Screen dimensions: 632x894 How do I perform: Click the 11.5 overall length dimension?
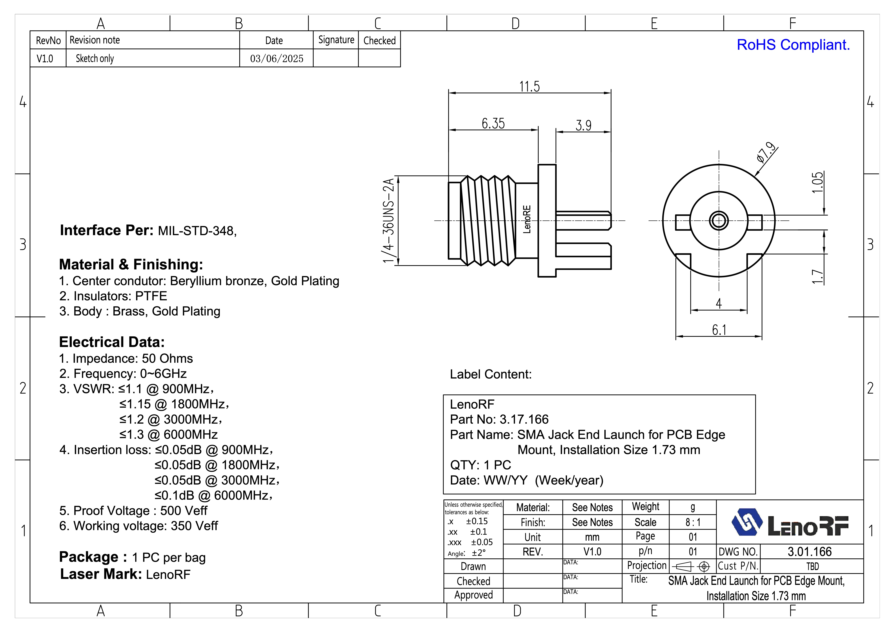pyautogui.click(x=529, y=86)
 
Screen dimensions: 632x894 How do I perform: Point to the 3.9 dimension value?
pyautogui.click(x=583, y=125)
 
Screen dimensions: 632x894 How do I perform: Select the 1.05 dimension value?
pyautogui.click(x=818, y=182)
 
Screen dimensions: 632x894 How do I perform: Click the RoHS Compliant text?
pyautogui.click(x=793, y=45)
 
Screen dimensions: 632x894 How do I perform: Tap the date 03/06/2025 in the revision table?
pyautogui.click(x=276, y=58)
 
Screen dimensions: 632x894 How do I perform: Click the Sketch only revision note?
pyautogui.click(x=95, y=58)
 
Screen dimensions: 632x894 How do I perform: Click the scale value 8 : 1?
pyautogui.click(x=693, y=522)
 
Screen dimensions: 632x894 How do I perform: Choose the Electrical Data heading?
pyautogui.click(x=112, y=342)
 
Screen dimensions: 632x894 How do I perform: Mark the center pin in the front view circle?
pyautogui.click(x=719, y=221)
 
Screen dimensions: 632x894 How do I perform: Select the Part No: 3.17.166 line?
pyautogui.click(x=499, y=419)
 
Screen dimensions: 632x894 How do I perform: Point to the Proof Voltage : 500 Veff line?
pyautogui.click(x=133, y=510)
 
